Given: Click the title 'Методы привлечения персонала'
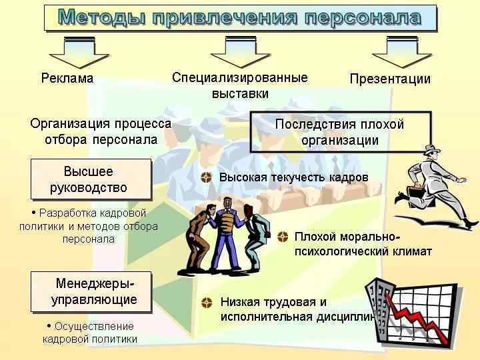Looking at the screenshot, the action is pyautogui.click(x=240, y=17).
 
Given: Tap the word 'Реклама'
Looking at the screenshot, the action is pyautogui.click(x=67, y=79).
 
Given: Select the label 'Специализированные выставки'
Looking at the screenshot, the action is pyautogui.click(x=240, y=85).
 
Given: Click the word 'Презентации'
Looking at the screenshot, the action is pyautogui.click(x=390, y=79).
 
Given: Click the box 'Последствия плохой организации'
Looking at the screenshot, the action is pyautogui.click(x=340, y=131).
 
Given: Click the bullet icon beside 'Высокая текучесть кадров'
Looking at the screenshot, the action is pyautogui.click(x=207, y=178).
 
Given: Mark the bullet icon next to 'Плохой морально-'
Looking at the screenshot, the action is pyautogui.click(x=283, y=237).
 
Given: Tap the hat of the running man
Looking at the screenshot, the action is pyautogui.click(x=431, y=150).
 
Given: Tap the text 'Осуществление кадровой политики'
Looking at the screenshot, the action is pyautogui.click(x=90, y=332).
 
